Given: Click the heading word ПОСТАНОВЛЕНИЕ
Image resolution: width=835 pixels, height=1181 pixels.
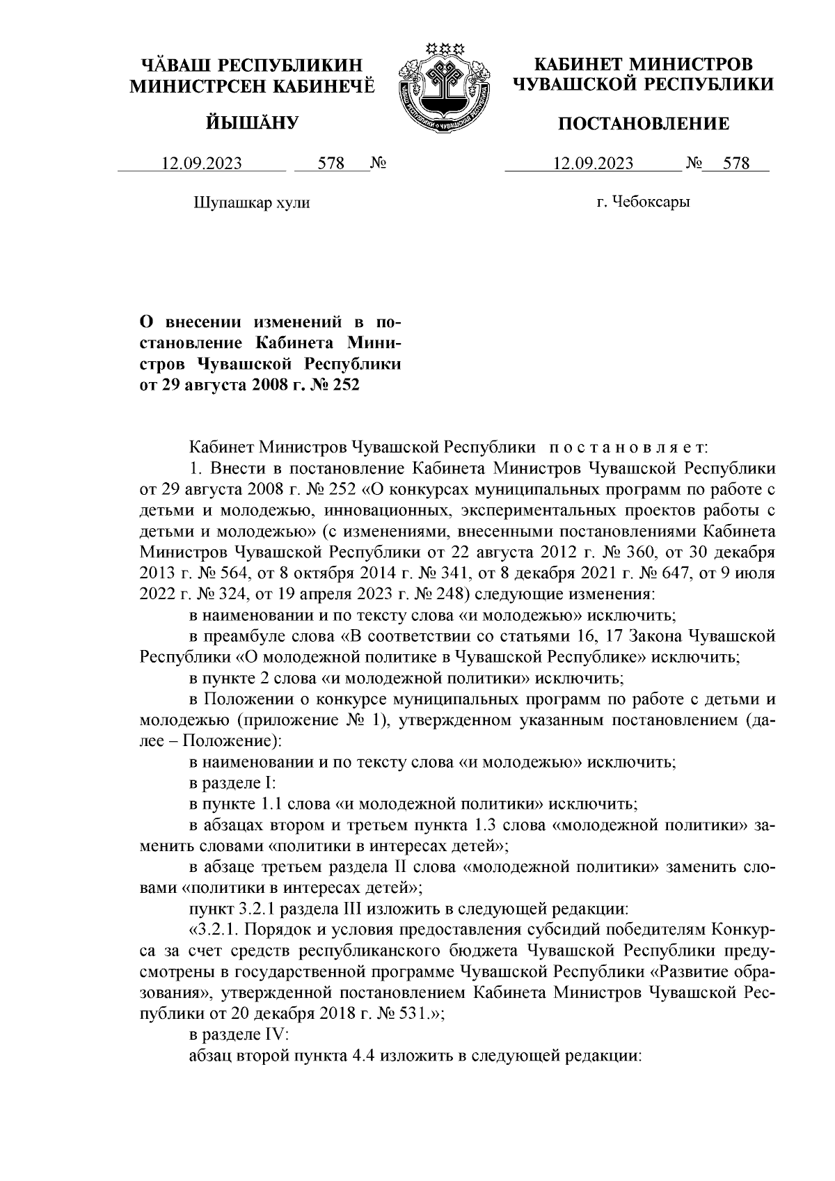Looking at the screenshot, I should (644, 124).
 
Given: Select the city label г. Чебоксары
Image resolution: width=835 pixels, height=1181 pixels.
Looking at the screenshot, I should (643, 203).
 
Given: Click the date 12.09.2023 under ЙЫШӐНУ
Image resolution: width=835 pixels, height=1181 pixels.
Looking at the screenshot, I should (202, 164).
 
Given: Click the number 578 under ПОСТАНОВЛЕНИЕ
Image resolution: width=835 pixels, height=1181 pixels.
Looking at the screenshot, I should (736, 164).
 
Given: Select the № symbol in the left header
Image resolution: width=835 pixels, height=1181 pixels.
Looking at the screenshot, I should (378, 164).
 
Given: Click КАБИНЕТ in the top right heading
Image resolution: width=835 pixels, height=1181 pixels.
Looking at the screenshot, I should (577, 65).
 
